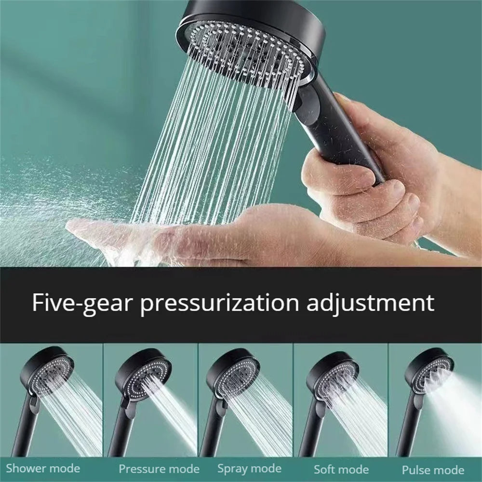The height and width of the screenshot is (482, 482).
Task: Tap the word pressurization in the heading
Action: click(218, 304)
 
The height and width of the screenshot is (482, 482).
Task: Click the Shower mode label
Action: click(43, 468)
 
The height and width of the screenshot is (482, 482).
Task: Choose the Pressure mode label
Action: click(159, 469)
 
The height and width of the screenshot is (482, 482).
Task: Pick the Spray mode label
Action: click(249, 468)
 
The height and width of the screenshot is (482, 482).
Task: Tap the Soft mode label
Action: click(341, 469)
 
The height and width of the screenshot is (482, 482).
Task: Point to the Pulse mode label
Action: click(432, 470)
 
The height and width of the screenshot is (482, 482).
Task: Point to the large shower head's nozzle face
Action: click(246, 48)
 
